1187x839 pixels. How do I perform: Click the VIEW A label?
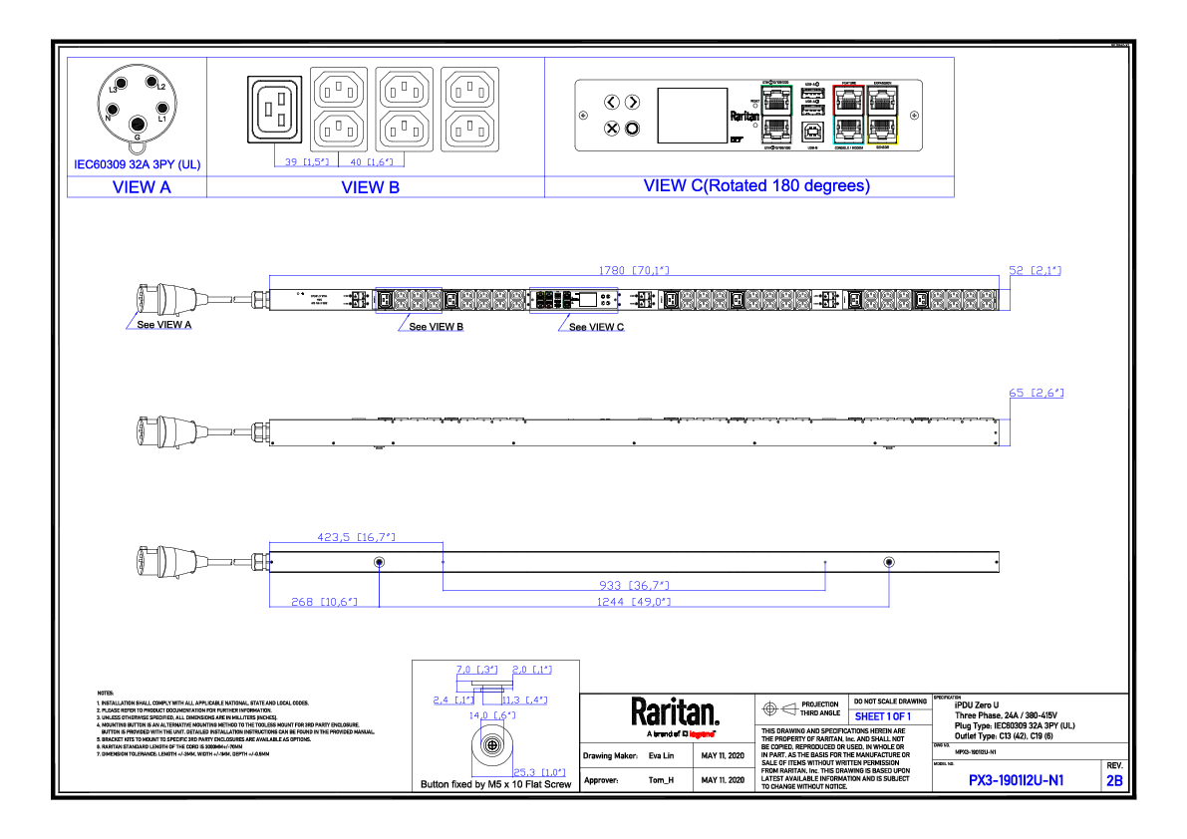tap(142, 187)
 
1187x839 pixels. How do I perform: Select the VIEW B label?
tap(371, 187)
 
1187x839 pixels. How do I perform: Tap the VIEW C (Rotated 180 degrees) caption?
tap(757, 186)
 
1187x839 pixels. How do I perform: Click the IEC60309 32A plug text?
tap(138, 164)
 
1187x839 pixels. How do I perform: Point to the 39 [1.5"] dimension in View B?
tap(307, 161)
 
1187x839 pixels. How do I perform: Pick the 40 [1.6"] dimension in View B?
tap(372, 161)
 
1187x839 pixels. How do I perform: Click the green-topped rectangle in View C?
tap(776, 115)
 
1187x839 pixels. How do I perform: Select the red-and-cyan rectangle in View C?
tap(848, 115)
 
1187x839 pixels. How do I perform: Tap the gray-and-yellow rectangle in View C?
tap(882, 115)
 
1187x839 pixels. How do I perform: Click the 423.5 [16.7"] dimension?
tap(356, 538)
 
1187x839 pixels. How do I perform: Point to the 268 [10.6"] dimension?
tap(324, 602)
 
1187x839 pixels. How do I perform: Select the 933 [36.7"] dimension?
tap(634, 586)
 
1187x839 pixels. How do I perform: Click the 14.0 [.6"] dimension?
tap(492, 715)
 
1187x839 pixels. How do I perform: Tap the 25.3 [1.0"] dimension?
tap(539, 772)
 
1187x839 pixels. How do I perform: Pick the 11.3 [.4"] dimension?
tap(525, 700)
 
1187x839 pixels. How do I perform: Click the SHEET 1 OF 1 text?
tap(883, 717)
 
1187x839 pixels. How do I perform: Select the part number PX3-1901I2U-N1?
tap(1017, 781)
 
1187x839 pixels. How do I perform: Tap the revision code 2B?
tap(1114, 781)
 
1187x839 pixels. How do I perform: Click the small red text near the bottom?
tap(702, 734)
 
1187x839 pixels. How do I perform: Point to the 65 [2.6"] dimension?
tap(1036, 393)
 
